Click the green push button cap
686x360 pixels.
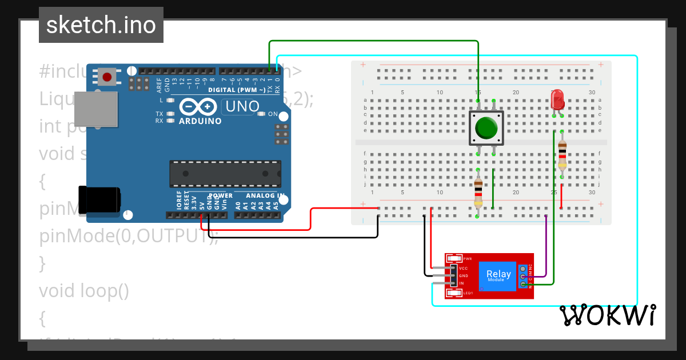point(486,128)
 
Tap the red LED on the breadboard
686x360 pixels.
point(557,101)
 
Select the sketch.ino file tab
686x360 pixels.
point(101,25)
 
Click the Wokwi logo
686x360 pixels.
point(607,315)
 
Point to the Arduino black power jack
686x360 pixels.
point(101,199)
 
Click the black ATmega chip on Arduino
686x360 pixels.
point(225,174)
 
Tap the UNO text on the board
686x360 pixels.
point(242,106)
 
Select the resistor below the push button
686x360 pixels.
point(478,193)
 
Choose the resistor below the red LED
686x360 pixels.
point(562,155)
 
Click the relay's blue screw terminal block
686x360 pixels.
point(523,276)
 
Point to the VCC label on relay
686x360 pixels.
point(464,268)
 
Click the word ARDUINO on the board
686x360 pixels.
point(200,121)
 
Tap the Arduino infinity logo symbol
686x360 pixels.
point(198,107)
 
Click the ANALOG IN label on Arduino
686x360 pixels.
point(265,195)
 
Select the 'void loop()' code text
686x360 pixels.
point(84,291)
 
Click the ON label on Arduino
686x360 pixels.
point(273,114)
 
